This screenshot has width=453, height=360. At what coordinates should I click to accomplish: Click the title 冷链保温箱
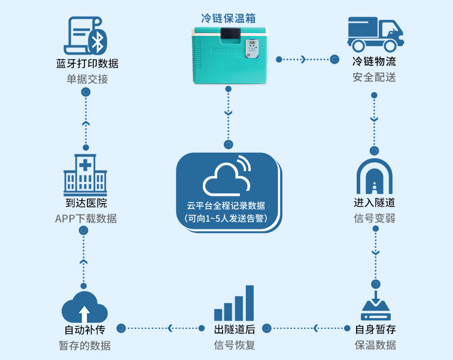[x=228, y=18]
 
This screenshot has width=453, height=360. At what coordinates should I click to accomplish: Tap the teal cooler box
[x=228, y=55]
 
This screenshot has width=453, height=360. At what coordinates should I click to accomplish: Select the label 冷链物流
[x=374, y=62]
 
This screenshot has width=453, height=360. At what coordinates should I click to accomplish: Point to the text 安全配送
[x=374, y=77]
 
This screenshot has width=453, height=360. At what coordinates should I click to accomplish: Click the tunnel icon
[x=375, y=176]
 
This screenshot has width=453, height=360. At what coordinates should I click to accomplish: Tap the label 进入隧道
[x=375, y=203]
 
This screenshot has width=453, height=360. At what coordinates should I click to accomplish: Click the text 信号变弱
[x=375, y=219]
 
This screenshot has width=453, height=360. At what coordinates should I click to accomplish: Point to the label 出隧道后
[x=235, y=329]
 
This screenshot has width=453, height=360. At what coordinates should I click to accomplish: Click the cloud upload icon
[x=84, y=307]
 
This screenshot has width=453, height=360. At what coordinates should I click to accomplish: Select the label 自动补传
[x=84, y=329]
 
